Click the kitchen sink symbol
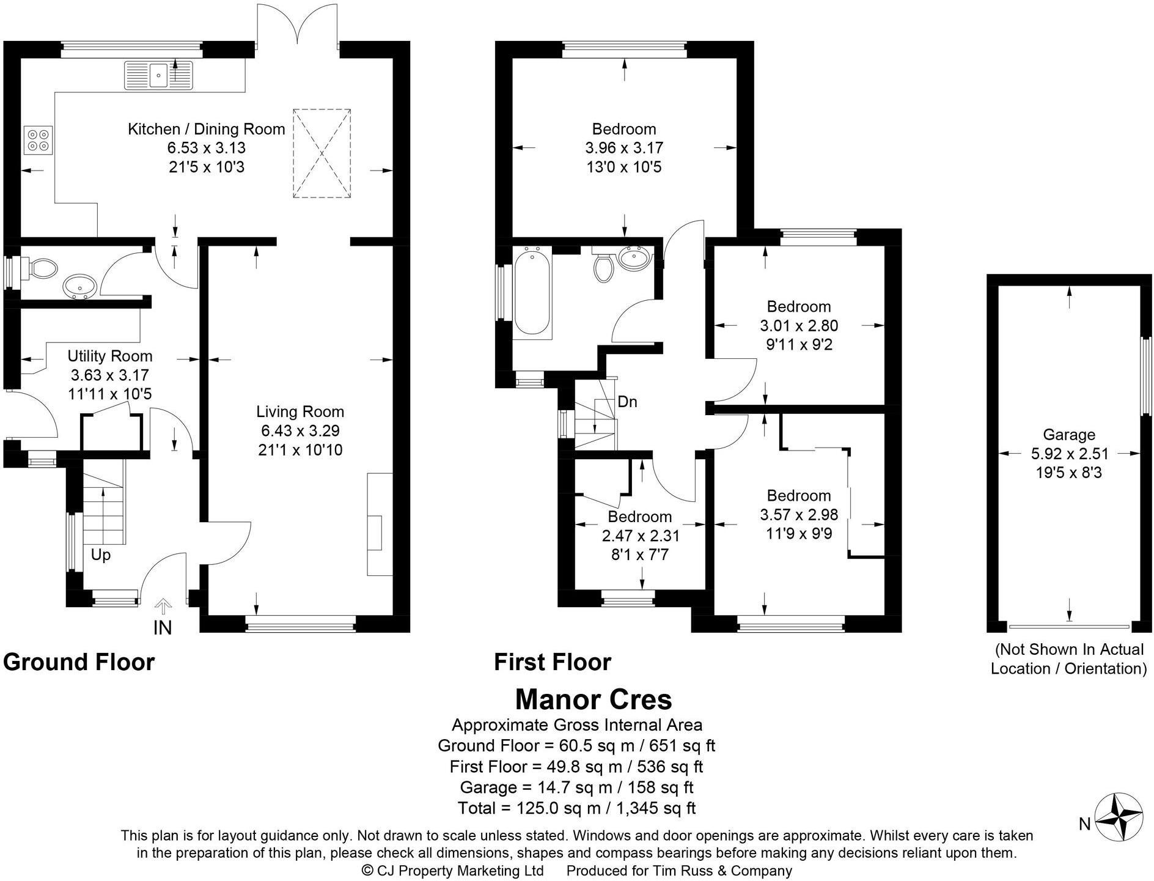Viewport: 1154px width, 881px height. click(x=158, y=75)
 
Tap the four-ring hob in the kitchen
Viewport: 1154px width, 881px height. click(x=39, y=140)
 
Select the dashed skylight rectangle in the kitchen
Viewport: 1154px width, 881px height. click(x=322, y=153)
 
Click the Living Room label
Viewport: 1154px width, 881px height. click(x=300, y=411)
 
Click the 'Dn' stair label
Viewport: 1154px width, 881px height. click(x=627, y=402)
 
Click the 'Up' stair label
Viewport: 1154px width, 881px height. click(x=101, y=555)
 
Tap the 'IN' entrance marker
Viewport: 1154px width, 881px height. click(x=163, y=627)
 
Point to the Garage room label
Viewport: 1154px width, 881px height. click(x=1068, y=435)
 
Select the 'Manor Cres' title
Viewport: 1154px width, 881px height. click(x=594, y=699)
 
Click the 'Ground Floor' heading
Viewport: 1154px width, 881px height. click(x=79, y=662)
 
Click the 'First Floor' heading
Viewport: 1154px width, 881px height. click(x=552, y=662)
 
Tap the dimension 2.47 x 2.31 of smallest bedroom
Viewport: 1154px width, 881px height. click(x=641, y=536)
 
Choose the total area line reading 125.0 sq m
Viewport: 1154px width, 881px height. click(x=576, y=808)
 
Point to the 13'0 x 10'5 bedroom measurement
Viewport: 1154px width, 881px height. click(x=623, y=167)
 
